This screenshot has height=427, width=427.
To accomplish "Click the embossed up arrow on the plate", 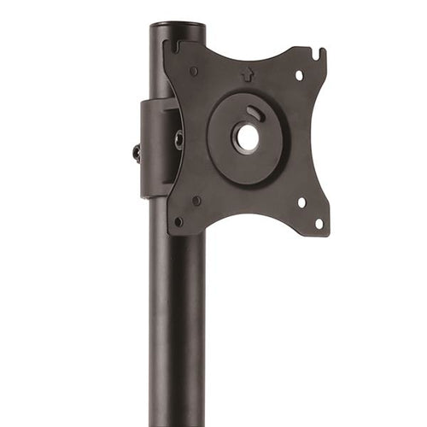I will point(248,74).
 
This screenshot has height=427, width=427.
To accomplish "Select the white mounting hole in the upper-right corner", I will point(299,76).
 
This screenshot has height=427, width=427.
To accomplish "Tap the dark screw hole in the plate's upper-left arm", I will point(195,71).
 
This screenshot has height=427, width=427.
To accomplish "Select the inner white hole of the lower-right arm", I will point(301,202).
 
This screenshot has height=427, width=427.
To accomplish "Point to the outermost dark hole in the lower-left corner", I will point(178,221).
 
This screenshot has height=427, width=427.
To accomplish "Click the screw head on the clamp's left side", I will point(137,152).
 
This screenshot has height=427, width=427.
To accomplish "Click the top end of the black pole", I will point(177,28).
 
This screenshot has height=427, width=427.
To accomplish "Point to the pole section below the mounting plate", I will point(177,325).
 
